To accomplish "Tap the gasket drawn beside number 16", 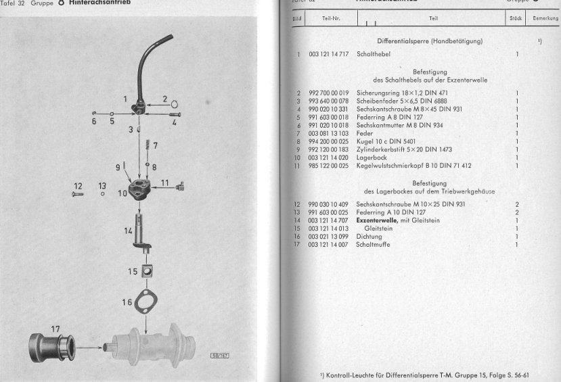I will (146, 300).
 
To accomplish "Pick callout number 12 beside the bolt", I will (78, 186).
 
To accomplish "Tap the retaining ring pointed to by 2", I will (175, 104).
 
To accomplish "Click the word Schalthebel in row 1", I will (372, 54).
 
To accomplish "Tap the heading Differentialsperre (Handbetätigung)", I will (429, 41).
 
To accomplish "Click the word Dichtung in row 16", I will (369, 237).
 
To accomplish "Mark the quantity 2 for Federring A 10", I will (517, 212).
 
